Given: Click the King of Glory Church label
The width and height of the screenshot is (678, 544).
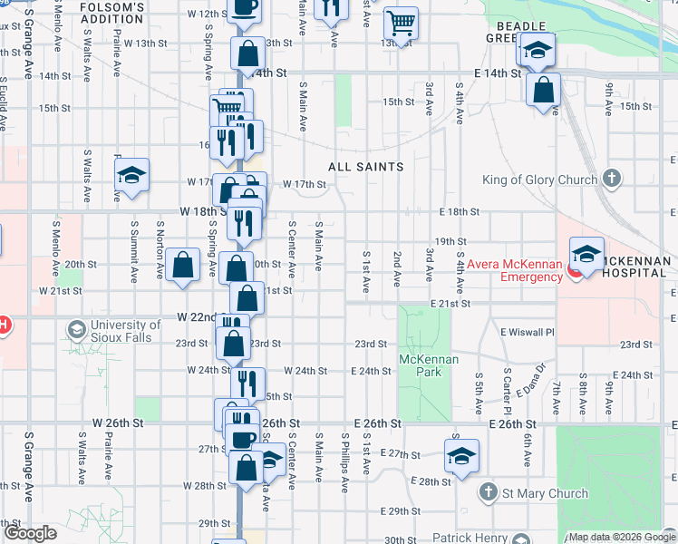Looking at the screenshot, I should pos(539,180).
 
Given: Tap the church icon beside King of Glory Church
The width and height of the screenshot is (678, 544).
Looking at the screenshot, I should pos(613,178).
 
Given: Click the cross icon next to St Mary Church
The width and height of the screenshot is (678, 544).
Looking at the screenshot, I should pos(488,492).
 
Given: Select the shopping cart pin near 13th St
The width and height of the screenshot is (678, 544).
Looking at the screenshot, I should pos(400,22).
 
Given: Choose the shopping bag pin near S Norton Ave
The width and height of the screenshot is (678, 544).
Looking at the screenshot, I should pos(183,266).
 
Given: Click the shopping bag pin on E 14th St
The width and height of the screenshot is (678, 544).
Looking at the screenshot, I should pos(543,90).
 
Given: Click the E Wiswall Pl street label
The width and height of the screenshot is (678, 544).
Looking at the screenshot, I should pos(527,332).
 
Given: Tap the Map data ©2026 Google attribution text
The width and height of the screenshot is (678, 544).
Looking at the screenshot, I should pos(621,537).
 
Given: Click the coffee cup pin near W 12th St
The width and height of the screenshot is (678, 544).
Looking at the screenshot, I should pos(242,7).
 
